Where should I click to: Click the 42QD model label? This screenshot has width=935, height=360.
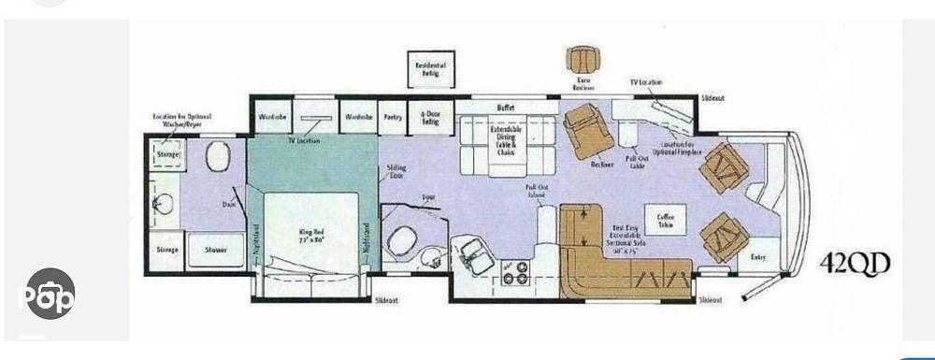(855, 265)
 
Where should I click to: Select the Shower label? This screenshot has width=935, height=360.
(217, 250)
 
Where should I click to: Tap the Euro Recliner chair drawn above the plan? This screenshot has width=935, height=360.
(583, 58)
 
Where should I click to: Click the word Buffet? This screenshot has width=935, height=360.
(506, 108)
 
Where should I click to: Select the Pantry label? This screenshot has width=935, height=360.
(392, 117)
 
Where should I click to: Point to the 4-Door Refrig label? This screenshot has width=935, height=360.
(429, 118)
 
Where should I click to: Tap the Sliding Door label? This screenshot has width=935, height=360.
(396, 172)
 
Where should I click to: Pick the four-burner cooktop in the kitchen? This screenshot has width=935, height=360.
(516, 271)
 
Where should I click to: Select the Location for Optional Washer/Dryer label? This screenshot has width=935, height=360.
(182, 120)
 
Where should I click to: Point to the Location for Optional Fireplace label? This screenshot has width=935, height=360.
(680, 149)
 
